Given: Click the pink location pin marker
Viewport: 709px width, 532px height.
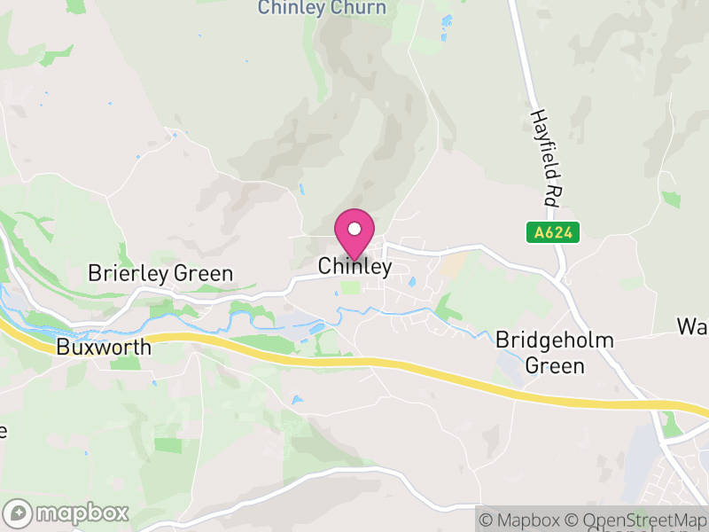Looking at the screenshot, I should coord(354,234).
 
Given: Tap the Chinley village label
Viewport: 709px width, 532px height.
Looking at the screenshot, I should coord(354,267).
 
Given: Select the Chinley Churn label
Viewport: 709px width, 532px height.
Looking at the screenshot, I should coord(323,8).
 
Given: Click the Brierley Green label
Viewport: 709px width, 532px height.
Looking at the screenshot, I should coord(160,273).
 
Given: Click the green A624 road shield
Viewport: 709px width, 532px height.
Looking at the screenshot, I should coord(553,232).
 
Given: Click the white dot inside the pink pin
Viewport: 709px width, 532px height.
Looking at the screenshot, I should coord(354,229).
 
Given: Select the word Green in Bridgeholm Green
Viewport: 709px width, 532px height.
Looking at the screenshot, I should coord(555,364).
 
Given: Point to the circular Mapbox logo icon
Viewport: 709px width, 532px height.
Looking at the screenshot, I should coord(18,512).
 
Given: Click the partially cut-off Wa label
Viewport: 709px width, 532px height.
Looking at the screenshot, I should coord(693,325).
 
